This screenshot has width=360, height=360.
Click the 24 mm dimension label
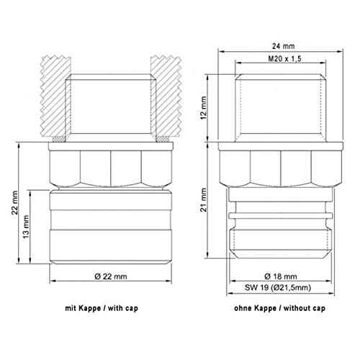tap(283, 46)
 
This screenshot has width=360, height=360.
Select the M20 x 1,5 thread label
tap(284, 58)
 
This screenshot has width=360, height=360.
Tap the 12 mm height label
tap(204, 108)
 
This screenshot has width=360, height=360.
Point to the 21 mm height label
tap(204, 199)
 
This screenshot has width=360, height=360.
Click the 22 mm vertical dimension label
tap(14, 203)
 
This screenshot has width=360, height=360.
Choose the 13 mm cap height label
tap(26, 227)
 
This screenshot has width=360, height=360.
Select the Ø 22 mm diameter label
tap(111, 276)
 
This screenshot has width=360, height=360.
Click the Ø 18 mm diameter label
tap(281, 276)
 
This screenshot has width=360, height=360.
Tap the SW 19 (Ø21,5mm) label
tap(278, 287)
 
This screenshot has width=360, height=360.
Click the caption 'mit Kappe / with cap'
tap(102, 308)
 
